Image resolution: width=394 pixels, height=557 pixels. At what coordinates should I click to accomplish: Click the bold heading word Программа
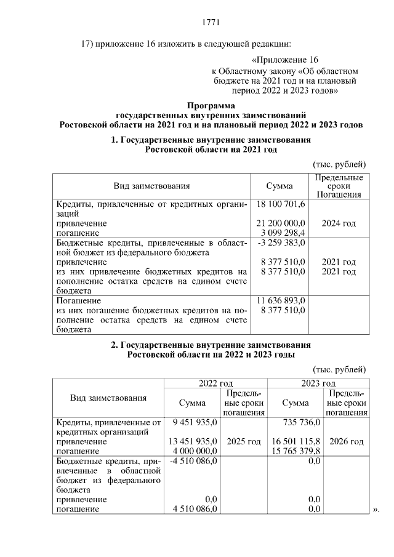pos(211,106)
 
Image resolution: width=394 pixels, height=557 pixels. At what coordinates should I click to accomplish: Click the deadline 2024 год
pos(339,223)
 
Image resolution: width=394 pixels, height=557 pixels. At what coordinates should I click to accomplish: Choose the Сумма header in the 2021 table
pos(279,185)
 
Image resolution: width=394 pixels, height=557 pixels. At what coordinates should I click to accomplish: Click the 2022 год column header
pos(215,383)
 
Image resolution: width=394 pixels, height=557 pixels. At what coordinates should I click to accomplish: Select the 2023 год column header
pos(318,383)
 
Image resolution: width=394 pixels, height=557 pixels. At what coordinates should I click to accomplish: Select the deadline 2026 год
pos(347,442)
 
